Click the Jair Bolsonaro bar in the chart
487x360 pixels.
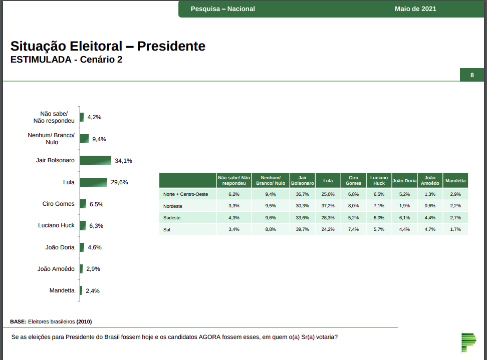point(95,160)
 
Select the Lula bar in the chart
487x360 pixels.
point(93,182)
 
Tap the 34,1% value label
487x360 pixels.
point(123,161)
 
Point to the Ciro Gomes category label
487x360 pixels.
point(59,204)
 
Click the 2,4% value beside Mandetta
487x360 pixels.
point(93,291)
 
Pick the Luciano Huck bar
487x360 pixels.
point(83,226)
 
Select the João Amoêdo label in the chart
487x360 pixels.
point(56,269)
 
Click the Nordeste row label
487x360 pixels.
point(173,206)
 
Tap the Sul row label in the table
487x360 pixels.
point(167,229)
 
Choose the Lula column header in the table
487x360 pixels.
point(328,180)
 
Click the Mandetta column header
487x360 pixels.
point(455,180)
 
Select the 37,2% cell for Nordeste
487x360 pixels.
point(328,206)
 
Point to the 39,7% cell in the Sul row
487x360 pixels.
point(302,229)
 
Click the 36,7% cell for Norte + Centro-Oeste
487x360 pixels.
point(302,194)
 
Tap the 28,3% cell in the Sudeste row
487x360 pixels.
point(328,217)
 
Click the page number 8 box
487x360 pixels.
point(472,75)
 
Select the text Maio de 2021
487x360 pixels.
point(415,9)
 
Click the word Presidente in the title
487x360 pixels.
point(171,47)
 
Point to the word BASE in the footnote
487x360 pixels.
point(18,321)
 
